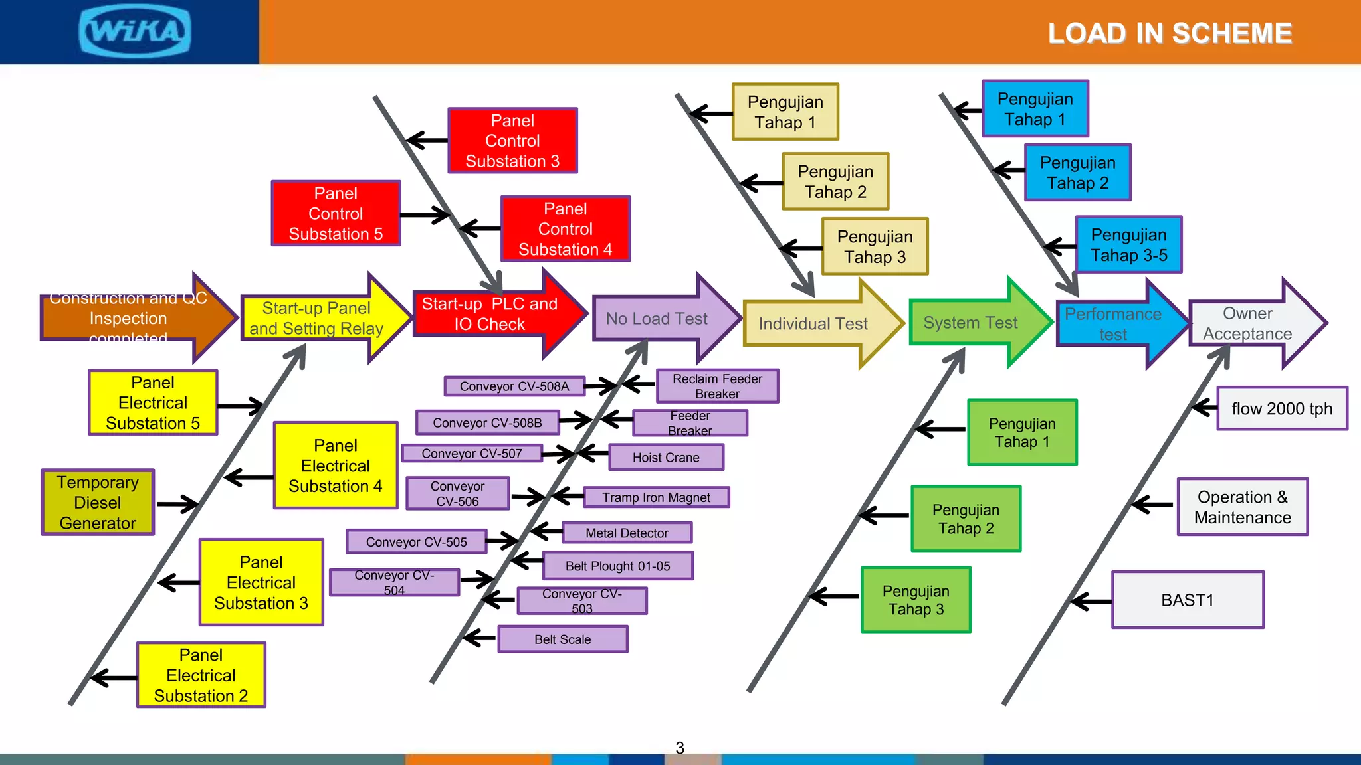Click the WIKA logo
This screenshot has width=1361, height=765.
pyautogui.click(x=135, y=31)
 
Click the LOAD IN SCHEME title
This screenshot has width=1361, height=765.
pyautogui.click(x=1170, y=33)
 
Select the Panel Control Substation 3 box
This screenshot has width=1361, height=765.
pyautogui.click(x=512, y=141)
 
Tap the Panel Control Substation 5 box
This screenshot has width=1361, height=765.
pyautogui.click(x=336, y=213)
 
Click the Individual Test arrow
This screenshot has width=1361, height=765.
pyautogui.click(x=813, y=323)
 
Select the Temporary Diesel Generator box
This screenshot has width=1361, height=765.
pyautogui.click(x=98, y=503)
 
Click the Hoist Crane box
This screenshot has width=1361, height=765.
pyautogui.click(x=666, y=458)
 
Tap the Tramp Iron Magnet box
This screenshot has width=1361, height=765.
pyautogui.click(x=656, y=497)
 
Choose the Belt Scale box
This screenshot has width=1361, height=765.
pyautogui.click(x=562, y=639)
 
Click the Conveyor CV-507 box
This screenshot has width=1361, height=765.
pyautogui.click(x=472, y=454)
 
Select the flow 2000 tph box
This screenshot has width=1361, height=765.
pyautogui.click(x=1282, y=408)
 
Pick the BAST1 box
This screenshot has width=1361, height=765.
pyautogui.click(x=1188, y=600)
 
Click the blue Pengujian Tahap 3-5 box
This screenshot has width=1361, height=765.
pyautogui.click(x=1128, y=244)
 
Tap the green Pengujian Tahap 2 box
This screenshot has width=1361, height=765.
pyautogui.click(x=966, y=519)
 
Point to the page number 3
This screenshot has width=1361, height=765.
pyautogui.click(x=680, y=748)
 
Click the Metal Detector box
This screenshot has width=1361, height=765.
pyautogui.click(x=627, y=533)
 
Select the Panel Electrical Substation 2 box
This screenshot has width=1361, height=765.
pyautogui.click(x=201, y=675)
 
